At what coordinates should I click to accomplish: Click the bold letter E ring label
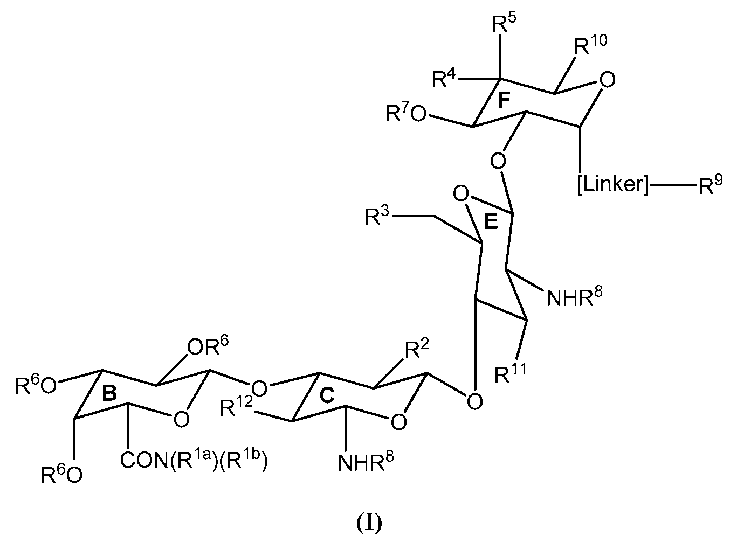[x=490, y=224]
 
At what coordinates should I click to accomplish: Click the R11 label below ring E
[x=511, y=373]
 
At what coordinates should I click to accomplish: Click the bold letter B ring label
[x=109, y=393]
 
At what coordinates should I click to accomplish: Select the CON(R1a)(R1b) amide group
[x=194, y=461]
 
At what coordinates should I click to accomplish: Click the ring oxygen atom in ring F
[x=607, y=81]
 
